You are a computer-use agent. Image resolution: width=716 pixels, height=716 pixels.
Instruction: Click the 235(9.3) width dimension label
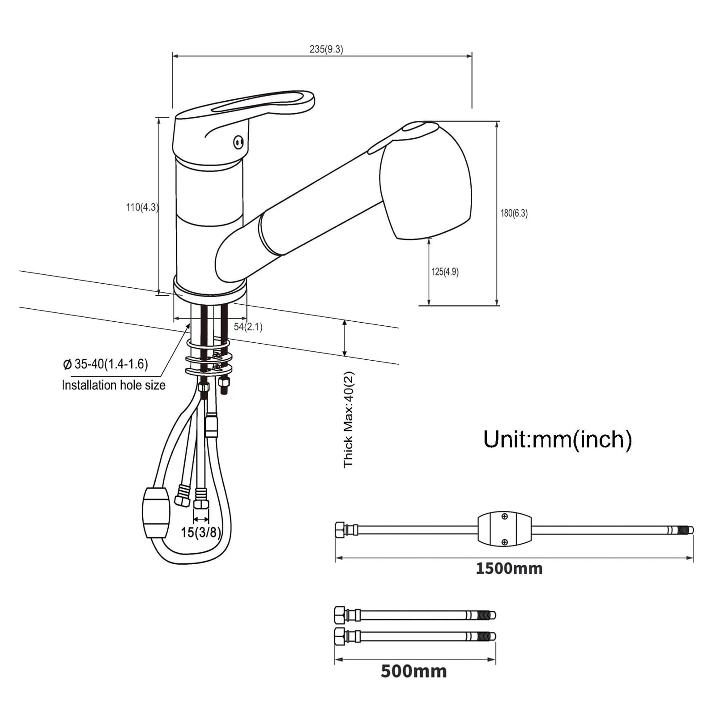pyautogui.click(x=326, y=49)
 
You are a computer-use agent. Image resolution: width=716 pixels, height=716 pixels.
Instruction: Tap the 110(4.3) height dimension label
pyautogui.click(x=142, y=207)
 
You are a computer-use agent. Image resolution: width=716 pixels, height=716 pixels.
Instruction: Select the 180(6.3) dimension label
pyautogui.click(x=514, y=213)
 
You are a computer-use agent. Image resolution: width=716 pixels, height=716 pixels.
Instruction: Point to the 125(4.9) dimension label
pyautogui.click(x=445, y=272)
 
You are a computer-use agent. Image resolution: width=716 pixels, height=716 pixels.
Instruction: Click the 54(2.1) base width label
pyautogui.click(x=248, y=327)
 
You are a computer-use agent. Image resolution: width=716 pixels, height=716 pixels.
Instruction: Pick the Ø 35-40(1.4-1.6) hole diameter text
pyautogui.click(x=106, y=364)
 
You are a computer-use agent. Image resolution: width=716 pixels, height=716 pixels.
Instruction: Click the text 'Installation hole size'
pyautogui.click(x=114, y=385)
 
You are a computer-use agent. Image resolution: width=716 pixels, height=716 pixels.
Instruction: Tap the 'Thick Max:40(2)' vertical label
pyautogui.click(x=349, y=420)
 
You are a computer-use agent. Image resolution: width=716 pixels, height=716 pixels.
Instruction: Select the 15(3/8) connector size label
pyautogui.click(x=201, y=533)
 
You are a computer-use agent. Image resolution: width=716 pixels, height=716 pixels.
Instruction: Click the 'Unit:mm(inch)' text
pyautogui.click(x=558, y=439)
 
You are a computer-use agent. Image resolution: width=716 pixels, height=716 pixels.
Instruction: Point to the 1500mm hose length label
pyautogui.click(x=509, y=568)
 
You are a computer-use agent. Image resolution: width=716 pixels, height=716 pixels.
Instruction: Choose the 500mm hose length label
pyautogui.click(x=414, y=671)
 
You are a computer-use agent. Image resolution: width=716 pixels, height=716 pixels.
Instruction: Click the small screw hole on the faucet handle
pyautogui.click(x=238, y=142)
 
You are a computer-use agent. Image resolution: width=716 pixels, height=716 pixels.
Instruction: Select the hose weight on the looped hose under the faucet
pyautogui.click(x=156, y=512)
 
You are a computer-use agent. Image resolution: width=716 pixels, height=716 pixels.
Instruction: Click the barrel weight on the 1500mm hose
pyautogui.click(x=505, y=529)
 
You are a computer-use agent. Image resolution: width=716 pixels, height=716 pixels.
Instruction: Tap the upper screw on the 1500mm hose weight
pyautogui.click(x=505, y=517)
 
